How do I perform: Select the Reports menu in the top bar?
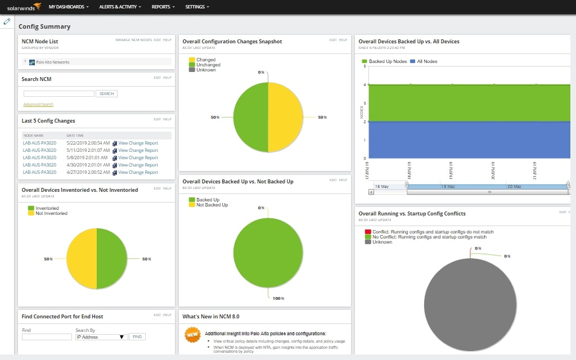tap(163, 7)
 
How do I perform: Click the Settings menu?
tap(197, 7)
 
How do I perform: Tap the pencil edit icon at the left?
tap(7, 21)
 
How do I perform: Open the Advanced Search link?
tap(38, 105)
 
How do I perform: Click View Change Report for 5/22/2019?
tap(138, 143)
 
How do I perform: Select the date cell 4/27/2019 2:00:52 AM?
tap(88, 172)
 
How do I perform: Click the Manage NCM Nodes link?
tap(133, 40)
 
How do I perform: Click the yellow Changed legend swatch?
tap(192, 60)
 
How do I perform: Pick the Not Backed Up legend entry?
tap(211, 205)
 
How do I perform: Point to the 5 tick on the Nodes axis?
tap(364, 66)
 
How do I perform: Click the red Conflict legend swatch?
tap(368, 232)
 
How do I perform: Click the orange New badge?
tap(192, 335)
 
